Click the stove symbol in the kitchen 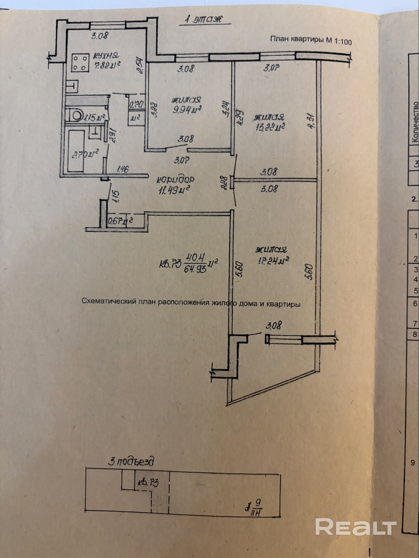click(x=80, y=63)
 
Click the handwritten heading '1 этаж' click(x=204, y=20)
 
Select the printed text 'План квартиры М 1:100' click(x=311, y=40)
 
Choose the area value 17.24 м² click(x=272, y=261)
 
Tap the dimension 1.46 click(x=122, y=169)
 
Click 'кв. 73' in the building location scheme click(x=148, y=482)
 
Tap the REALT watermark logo click(x=356, y=526)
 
